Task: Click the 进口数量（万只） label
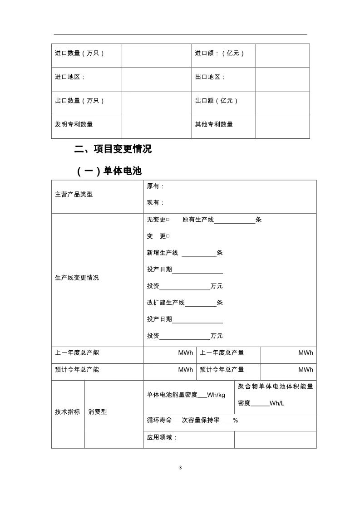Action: click(x=80, y=54)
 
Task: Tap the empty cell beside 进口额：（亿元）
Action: click(x=282, y=55)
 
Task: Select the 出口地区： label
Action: click(x=210, y=77)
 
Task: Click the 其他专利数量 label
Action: click(x=214, y=124)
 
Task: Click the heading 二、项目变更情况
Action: click(x=113, y=149)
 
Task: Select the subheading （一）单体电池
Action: click(x=109, y=171)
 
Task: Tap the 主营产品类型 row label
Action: click(x=74, y=195)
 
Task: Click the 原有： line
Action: click(x=156, y=186)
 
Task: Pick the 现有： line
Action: click(x=156, y=203)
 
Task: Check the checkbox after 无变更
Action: click(x=168, y=220)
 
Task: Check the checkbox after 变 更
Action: click(x=168, y=236)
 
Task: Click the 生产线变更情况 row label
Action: click(x=77, y=278)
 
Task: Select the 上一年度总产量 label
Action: click(x=222, y=353)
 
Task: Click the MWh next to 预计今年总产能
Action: click(x=186, y=370)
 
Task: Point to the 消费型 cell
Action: click(x=98, y=412)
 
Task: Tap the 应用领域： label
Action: click(x=162, y=438)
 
